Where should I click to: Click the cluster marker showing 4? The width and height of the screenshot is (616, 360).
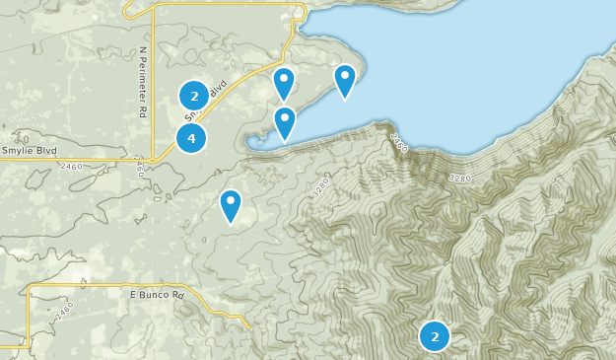pyautogui.click(x=191, y=138)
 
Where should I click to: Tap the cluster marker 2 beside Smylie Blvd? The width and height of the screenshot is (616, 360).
pyautogui.click(x=194, y=96)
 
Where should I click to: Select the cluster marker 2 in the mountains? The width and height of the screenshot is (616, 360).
pyautogui.click(x=434, y=336)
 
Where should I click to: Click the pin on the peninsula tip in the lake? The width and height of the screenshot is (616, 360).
pyautogui.click(x=344, y=80)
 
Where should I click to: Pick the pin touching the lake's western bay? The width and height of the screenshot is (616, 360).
pyautogui.click(x=284, y=122)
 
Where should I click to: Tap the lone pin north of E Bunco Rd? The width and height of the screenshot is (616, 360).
pyautogui.click(x=230, y=205)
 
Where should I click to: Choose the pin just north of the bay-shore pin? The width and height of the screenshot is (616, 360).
pyautogui.click(x=284, y=84)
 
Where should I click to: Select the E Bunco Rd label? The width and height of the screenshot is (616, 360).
pyautogui.click(x=157, y=295)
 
